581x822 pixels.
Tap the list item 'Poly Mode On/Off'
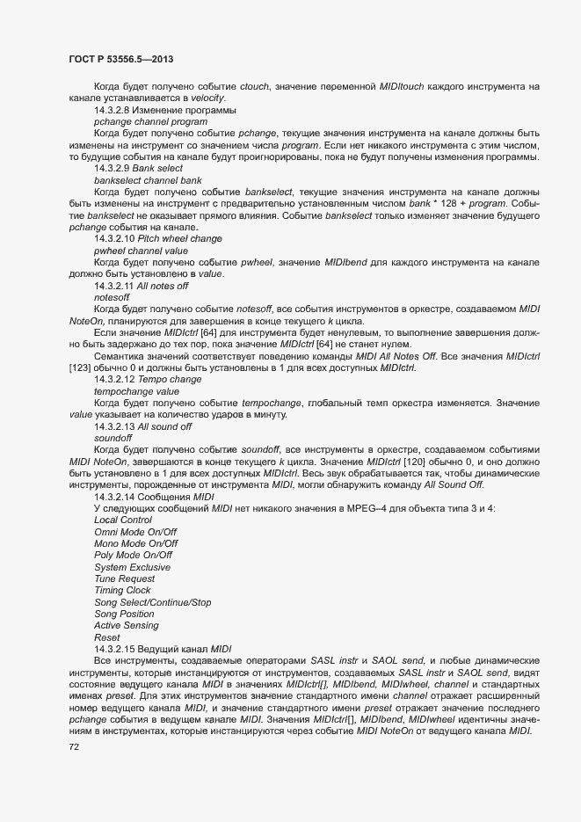click(x=133, y=555)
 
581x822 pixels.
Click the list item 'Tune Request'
click(x=126, y=578)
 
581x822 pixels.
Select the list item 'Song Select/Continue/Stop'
click(x=153, y=602)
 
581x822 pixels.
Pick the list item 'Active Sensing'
click(x=127, y=625)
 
